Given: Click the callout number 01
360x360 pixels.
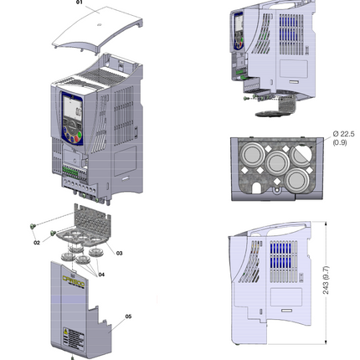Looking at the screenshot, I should click(x=81, y=4).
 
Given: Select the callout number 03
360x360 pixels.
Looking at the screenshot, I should click(x=119, y=252).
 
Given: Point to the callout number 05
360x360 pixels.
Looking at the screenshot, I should click(x=129, y=316).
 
